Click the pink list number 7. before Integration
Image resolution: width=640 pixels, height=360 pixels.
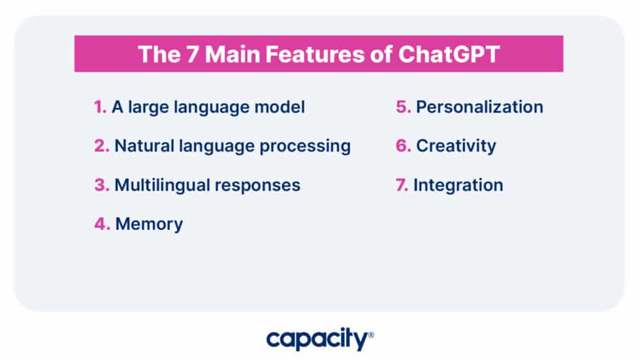tap(401, 185)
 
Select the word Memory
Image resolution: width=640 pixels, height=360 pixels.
tap(149, 224)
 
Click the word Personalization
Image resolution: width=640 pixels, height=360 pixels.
tap(479, 106)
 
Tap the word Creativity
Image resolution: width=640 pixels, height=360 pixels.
tap(456, 146)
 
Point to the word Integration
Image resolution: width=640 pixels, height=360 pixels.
tap(458, 185)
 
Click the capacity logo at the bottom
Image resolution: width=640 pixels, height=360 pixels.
tap(319, 339)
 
